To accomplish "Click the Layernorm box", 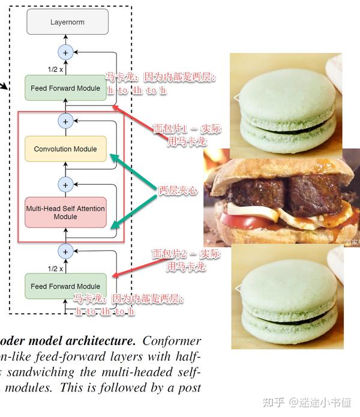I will coord(67,22).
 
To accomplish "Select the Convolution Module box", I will coord(65,149).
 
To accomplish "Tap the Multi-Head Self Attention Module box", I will coord(65,212).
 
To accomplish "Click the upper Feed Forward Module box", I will coord(65,88).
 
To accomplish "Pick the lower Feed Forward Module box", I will coord(65,286).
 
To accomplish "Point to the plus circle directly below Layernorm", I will coord(65,52).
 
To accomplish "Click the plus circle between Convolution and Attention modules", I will coord(65,184).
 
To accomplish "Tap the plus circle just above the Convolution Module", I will coord(65,121).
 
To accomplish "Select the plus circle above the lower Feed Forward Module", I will coord(65,250).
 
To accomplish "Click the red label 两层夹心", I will coord(178,190).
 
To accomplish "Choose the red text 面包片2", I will coord(169,254).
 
